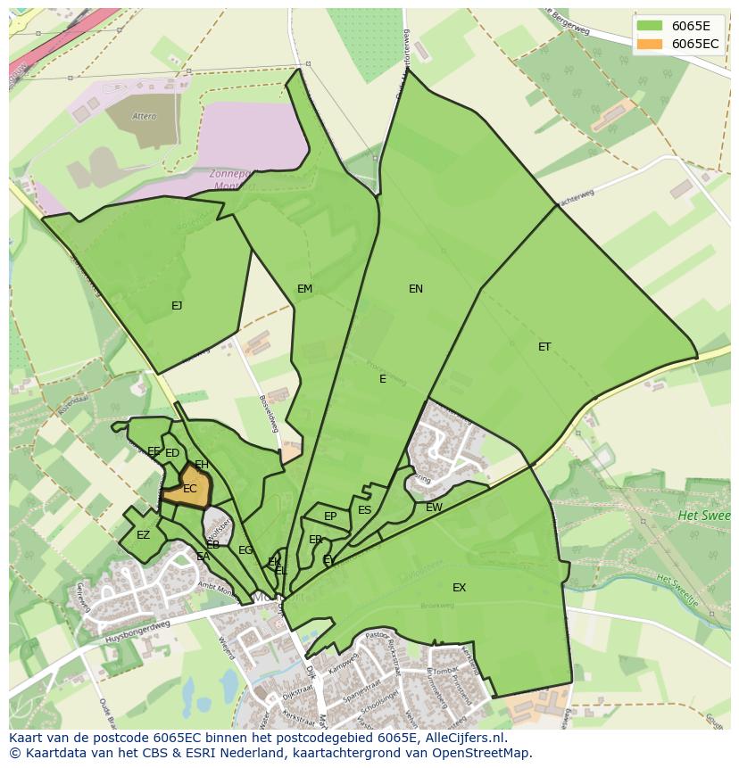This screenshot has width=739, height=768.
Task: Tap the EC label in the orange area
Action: tap(189, 489)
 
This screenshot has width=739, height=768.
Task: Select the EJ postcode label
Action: tap(177, 306)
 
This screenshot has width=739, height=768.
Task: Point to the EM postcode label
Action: tap(305, 288)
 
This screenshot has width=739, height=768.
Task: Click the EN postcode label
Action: tap(416, 288)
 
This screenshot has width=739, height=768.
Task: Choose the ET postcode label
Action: tap(544, 347)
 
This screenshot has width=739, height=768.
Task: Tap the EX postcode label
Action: tap(459, 587)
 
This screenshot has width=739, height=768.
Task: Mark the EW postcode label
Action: tap(434, 508)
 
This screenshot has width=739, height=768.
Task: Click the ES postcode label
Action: tap(364, 510)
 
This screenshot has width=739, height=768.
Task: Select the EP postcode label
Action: tap(330, 516)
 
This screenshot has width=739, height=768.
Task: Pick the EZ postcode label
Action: tap(143, 535)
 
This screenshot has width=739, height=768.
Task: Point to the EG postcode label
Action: tap(245, 550)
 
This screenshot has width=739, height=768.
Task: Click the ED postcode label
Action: tap(172, 453)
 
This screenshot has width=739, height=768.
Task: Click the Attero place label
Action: tap(144, 116)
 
